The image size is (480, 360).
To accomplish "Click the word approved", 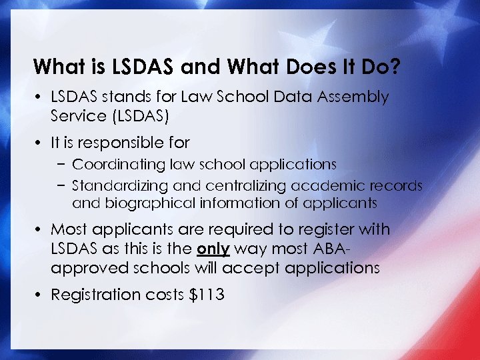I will point(82,268).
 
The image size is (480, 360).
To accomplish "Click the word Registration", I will point(93,294).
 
